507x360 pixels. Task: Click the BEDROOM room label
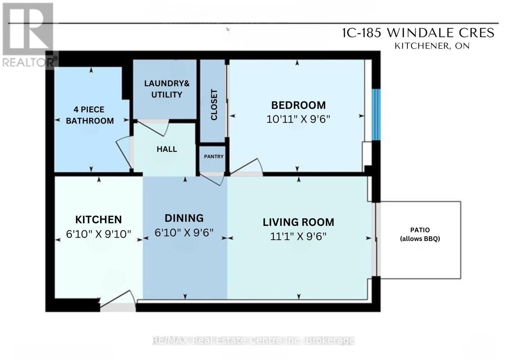click(x=298, y=105)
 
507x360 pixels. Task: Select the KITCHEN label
click(x=99, y=220)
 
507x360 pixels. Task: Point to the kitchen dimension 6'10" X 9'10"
click(x=99, y=234)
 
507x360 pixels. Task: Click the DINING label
click(x=184, y=219)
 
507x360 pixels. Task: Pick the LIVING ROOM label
click(x=298, y=222)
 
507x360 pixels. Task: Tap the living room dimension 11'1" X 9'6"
click(x=298, y=237)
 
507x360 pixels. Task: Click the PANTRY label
click(x=214, y=157)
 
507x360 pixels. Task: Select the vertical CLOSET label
click(x=214, y=105)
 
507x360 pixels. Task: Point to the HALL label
click(x=167, y=149)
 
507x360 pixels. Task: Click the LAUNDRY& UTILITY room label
click(x=167, y=89)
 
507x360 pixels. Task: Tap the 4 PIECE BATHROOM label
click(x=90, y=115)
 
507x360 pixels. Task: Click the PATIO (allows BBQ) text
click(x=420, y=234)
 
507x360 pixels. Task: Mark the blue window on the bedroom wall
click(x=376, y=115)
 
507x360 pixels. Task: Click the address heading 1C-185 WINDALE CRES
click(x=418, y=33)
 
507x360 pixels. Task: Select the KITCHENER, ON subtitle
click(x=432, y=46)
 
